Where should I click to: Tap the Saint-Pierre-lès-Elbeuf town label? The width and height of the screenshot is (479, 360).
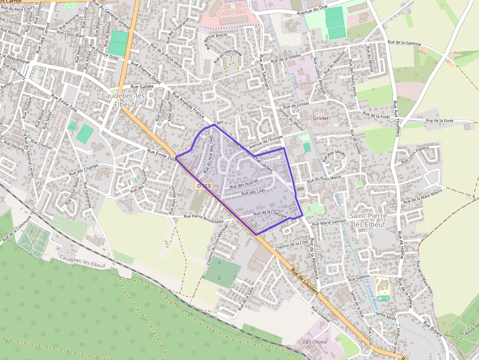[x=369, y=220]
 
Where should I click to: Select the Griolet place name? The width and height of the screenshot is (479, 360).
[x=321, y=118]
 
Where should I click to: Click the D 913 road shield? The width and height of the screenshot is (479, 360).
[x=204, y=186]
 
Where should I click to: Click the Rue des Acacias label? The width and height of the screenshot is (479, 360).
[x=244, y=185]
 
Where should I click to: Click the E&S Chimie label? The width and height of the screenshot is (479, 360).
[x=315, y=341]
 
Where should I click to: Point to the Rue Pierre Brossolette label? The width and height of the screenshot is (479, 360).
[x=204, y=219]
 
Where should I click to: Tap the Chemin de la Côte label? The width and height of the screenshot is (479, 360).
[x=292, y=243]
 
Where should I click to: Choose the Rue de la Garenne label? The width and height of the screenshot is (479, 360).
[x=404, y=43]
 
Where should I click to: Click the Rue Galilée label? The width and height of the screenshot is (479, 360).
[x=142, y=85]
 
